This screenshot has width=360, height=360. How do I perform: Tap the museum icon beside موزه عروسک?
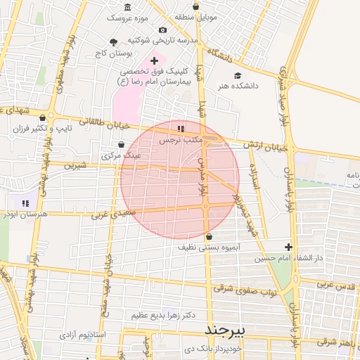127,6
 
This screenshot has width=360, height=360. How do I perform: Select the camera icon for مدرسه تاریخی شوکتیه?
162,30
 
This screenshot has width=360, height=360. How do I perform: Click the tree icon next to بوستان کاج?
114,42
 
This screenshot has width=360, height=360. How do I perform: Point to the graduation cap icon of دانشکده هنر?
237,75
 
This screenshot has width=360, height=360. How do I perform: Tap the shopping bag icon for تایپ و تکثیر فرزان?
44,117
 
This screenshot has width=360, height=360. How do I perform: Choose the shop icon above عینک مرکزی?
122,144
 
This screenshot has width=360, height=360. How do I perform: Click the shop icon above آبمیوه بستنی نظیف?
210,238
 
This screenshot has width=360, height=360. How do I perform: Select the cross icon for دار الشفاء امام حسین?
288,247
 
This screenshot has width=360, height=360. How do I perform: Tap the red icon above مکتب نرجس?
181,129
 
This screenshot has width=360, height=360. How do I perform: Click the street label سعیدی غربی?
109,212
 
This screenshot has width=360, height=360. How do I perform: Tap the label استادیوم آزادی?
82,334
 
